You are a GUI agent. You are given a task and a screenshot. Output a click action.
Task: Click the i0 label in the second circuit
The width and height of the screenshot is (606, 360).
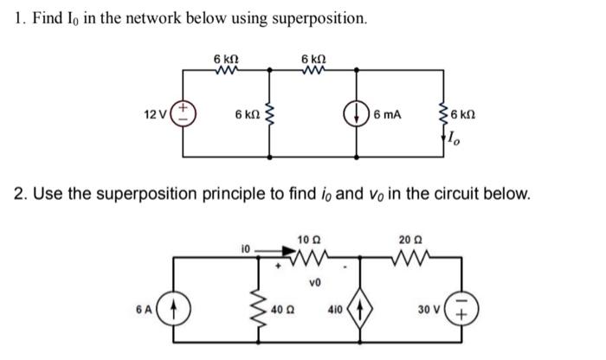(247, 248)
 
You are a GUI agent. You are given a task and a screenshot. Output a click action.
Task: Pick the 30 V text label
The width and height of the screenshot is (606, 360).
(430, 310)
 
